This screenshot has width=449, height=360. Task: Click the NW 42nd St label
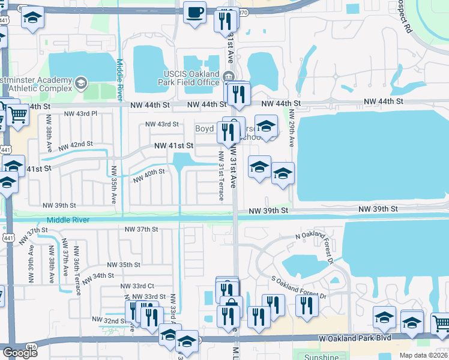point(76,145)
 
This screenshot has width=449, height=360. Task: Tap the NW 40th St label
point(148,175)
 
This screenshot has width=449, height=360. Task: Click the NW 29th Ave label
point(292,129)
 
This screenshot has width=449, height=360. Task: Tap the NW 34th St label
point(98,276)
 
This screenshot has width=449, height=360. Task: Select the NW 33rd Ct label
point(137,286)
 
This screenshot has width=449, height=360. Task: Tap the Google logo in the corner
point(20,353)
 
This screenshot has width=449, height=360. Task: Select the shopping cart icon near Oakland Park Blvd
point(441,322)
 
